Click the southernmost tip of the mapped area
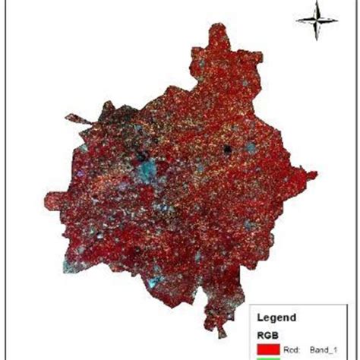click(220, 334)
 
